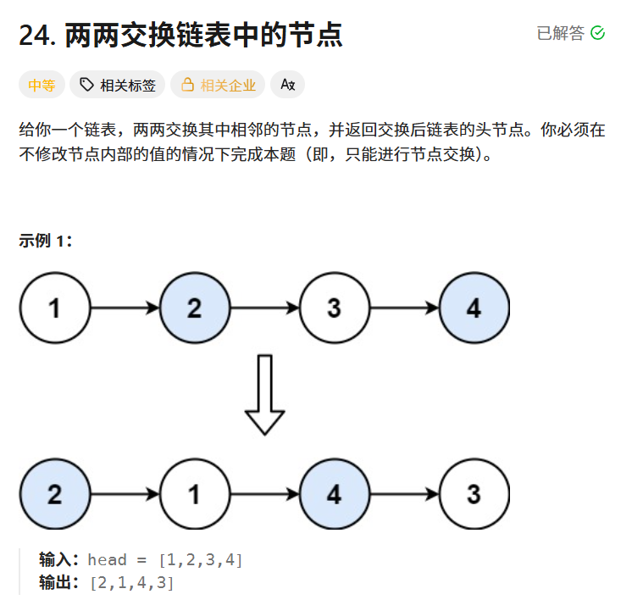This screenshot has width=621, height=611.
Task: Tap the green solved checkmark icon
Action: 597,33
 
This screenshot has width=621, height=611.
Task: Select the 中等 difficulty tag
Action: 42,85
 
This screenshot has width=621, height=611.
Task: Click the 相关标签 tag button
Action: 118,85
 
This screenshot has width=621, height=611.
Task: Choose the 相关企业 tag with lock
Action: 218,85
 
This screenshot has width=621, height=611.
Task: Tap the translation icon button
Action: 287,85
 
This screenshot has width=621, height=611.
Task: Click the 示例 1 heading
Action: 46,241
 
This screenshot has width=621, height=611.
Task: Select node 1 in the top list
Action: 54,308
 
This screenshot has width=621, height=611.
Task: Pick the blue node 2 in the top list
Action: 194,308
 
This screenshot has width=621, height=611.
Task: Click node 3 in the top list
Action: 334,308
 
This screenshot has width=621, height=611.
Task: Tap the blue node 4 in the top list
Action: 474,308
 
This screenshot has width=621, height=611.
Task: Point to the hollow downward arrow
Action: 264,394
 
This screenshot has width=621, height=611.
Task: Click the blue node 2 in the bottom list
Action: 54,495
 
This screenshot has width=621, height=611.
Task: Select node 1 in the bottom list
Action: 194,495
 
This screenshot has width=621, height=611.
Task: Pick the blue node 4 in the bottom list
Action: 334,495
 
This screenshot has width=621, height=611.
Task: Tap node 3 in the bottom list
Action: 474,495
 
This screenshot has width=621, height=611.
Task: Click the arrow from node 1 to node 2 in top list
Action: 125,308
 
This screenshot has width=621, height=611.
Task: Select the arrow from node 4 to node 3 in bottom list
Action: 403,495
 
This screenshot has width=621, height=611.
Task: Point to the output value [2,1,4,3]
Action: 130,583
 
